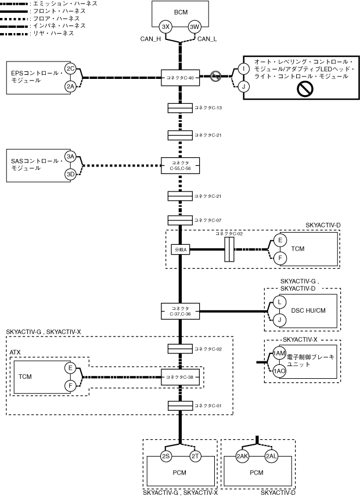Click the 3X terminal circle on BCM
(165, 27)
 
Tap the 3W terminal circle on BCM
(195, 27)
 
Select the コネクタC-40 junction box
(180, 78)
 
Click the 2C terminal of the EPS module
(70, 68)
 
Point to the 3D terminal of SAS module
(70, 174)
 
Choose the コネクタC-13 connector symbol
(180, 108)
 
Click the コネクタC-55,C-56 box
(180, 165)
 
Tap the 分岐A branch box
(181, 249)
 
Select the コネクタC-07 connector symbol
(180, 220)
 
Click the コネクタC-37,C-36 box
(180, 312)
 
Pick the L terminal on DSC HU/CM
(279, 302)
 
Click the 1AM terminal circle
(279, 353)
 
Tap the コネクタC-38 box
(180, 377)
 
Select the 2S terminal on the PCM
(166, 456)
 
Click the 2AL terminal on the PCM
(271, 456)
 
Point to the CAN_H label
(150, 39)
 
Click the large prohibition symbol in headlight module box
(305, 88)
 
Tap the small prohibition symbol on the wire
(215, 76)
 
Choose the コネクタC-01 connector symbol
(180, 406)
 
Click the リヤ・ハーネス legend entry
(41, 33)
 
